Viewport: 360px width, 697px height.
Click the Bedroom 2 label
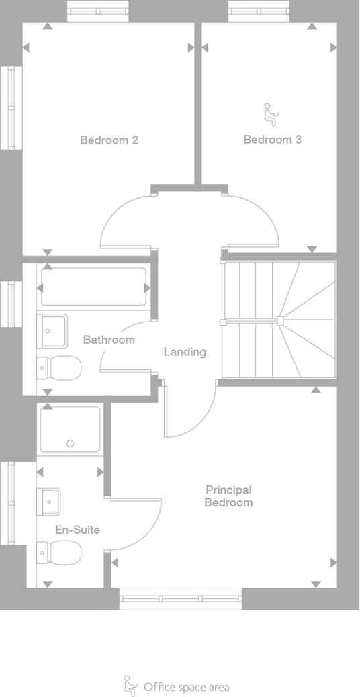(x=109, y=140)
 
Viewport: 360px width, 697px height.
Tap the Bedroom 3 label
(x=272, y=140)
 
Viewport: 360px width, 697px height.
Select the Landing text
(x=185, y=352)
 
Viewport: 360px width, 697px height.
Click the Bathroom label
(x=109, y=340)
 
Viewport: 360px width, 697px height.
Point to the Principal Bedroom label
(x=228, y=496)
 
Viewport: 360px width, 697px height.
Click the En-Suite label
(x=77, y=530)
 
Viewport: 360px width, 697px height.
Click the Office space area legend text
(x=186, y=687)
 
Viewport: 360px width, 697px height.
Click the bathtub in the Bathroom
(x=94, y=287)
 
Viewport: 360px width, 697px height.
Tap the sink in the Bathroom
(x=52, y=330)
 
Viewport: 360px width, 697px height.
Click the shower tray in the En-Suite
(x=70, y=429)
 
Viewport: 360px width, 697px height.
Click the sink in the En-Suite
(x=49, y=501)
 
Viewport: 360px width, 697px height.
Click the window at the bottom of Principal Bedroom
(x=180, y=598)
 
